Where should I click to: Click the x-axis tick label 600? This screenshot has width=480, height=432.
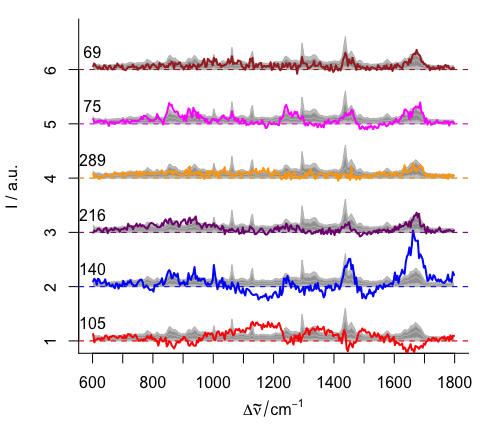(93, 382)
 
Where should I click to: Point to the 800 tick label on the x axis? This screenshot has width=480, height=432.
(153, 382)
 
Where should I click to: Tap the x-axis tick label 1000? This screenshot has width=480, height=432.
(213, 382)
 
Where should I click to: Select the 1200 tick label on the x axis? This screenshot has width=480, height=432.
(273, 382)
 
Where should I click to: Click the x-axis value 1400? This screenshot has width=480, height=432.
(333, 382)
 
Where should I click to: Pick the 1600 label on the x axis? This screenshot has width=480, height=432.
(394, 382)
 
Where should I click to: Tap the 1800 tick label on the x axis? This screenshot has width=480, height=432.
(454, 382)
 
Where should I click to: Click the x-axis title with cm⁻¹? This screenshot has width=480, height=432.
(273, 410)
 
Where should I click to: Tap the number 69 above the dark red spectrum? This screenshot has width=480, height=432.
(92, 52)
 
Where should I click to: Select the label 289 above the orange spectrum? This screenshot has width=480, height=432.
(92, 161)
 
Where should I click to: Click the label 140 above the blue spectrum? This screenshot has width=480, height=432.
(92, 270)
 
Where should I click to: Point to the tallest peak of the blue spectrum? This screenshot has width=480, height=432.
(413, 233)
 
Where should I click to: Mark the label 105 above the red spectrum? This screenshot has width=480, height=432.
(92, 324)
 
